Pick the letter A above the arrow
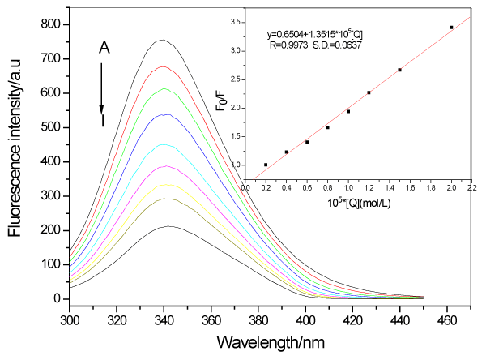coord(104,48)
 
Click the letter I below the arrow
coord(103,122)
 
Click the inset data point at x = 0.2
coord(266,165)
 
